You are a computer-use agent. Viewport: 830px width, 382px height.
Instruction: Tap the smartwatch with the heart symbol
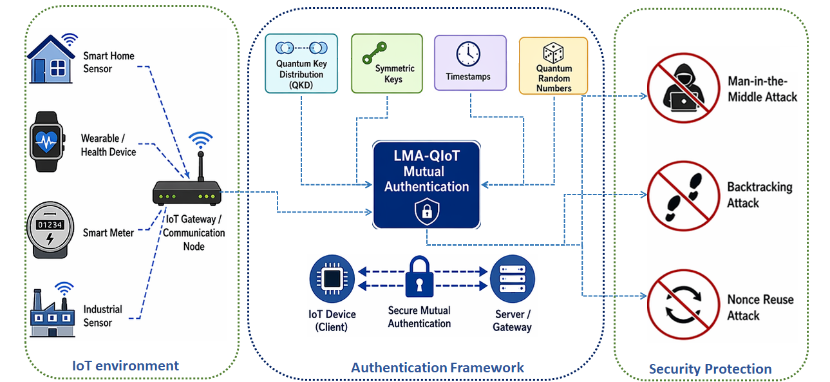coord(47,142)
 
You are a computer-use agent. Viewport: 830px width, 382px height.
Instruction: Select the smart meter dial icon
coord(50,230)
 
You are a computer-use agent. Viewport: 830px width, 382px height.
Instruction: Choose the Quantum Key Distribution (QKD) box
coord(301,63)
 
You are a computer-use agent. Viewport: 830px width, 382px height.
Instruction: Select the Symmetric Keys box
coord(387,63)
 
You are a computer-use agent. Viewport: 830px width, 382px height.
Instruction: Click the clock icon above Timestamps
coord(468,54)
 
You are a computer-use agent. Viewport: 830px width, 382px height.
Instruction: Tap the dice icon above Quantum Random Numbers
coord(553,53)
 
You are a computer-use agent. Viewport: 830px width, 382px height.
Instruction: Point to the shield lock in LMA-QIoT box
coord(427,211)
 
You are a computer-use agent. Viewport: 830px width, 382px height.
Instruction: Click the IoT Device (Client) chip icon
coord(332,279)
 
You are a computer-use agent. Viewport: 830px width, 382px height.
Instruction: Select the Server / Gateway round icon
coord(513,279)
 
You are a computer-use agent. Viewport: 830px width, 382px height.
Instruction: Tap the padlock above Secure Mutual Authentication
coord(419,277)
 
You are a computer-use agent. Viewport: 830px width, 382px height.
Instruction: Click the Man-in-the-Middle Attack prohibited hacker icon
coord(684,88)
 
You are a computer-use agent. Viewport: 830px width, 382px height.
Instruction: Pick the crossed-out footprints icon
coord(684,196)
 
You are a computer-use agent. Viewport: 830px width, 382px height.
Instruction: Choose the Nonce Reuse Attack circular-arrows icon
coord(684,305)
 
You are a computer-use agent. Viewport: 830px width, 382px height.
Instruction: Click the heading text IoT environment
coord(126,366)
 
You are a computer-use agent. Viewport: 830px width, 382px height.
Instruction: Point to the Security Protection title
coord(710,369)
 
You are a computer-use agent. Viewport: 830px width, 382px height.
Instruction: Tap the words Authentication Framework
coord(438,368)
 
